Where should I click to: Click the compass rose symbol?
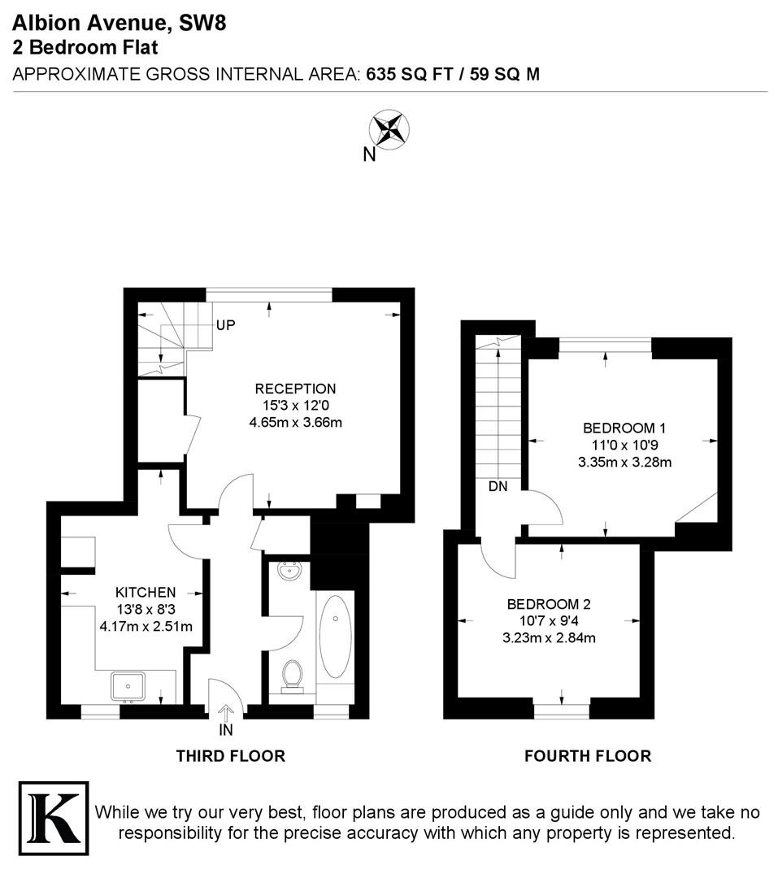click(389, 130)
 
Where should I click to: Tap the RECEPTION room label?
click(295, 389)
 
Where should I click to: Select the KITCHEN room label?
click(146, 592)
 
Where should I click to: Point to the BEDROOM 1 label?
click(624, 428)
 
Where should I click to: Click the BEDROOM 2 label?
click(549, 604)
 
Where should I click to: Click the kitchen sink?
click(128, 687)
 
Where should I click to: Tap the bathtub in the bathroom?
click(335, 637)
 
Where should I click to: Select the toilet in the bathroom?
click(291, 676)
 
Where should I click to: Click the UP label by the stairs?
click(225, 325)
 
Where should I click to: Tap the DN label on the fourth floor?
click(498, 487)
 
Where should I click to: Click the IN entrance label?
click(226, 730)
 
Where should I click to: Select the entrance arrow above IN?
click(226, 714)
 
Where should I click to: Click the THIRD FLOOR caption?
click(231, 756)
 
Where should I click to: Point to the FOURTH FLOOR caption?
click(588, 756)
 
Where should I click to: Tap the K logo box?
click(54, 818)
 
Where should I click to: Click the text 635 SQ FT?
click(410, 75)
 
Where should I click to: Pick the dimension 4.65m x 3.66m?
click(295, 422)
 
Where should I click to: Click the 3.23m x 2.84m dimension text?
click(549, 638)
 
